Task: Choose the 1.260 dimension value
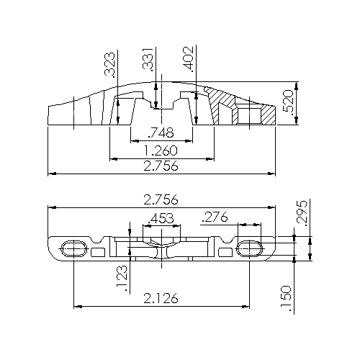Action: tap(161, 151)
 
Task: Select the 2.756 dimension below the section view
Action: tap(161, 166)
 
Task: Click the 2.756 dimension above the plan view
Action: tap(161, 199)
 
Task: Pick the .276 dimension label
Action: tap(217, 216)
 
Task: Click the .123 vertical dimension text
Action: tap(122, 279)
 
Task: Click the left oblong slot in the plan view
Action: tap(73, 248)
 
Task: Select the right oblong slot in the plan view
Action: tap(250, 248)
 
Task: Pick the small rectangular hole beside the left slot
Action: tap(97, 250)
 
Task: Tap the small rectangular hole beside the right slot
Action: tap(225, 250)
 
